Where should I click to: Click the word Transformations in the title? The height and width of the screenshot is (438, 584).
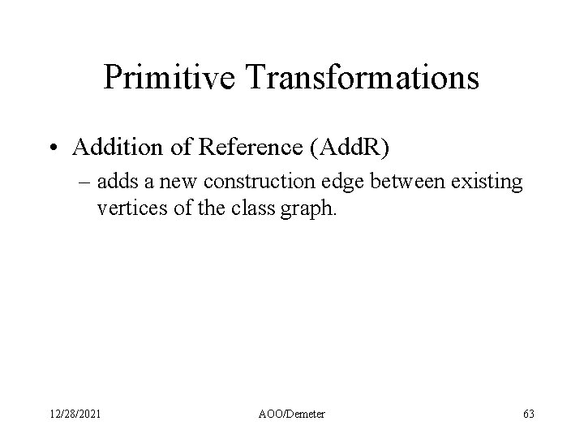[x=367, y=77]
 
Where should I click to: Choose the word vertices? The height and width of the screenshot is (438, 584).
[x=127, y=210]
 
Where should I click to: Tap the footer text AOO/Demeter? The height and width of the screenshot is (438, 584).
[x=291, y=414]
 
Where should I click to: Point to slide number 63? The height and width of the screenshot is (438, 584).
[x=529, y=414]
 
